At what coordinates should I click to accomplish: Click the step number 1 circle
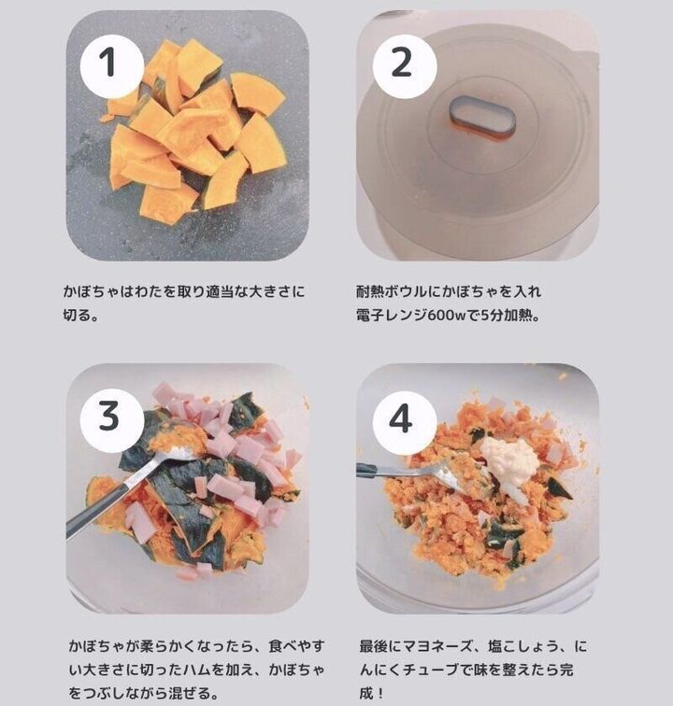(112, 66)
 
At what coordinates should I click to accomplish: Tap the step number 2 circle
(405, 66)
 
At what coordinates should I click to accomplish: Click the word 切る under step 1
(77, 316)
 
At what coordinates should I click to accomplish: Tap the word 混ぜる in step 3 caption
(189, 693)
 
